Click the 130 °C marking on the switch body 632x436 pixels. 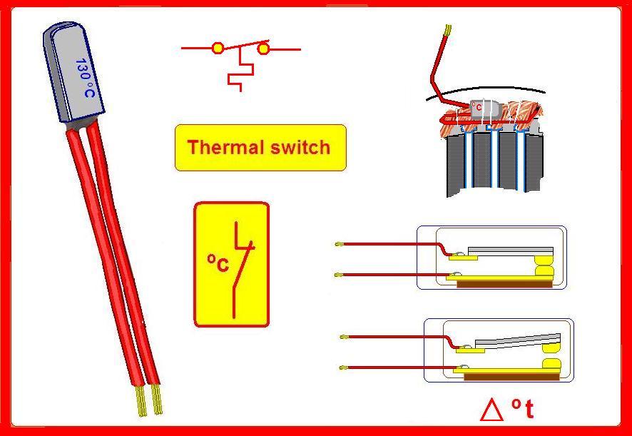[86, 78]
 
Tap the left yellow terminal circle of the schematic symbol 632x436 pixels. [218, 49]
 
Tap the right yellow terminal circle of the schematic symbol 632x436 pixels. [263, 49]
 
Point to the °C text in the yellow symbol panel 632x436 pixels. [218, 263]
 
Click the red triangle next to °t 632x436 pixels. [492, 410]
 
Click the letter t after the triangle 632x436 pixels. [529, 410]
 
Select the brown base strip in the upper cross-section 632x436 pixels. [504, 283]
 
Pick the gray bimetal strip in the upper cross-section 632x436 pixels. [509, 250]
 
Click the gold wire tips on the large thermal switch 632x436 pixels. [148, 402]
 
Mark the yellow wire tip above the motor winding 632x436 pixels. [448, 30]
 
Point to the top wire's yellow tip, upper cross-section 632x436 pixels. [339, 244]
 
